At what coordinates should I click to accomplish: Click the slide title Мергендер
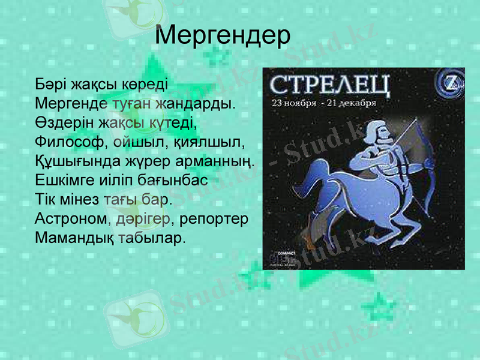point(223,36)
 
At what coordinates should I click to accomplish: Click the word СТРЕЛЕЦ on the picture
point(329,85)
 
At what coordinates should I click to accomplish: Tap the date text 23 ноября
point(294,102)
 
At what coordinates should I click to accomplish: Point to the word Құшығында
point(76,161)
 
